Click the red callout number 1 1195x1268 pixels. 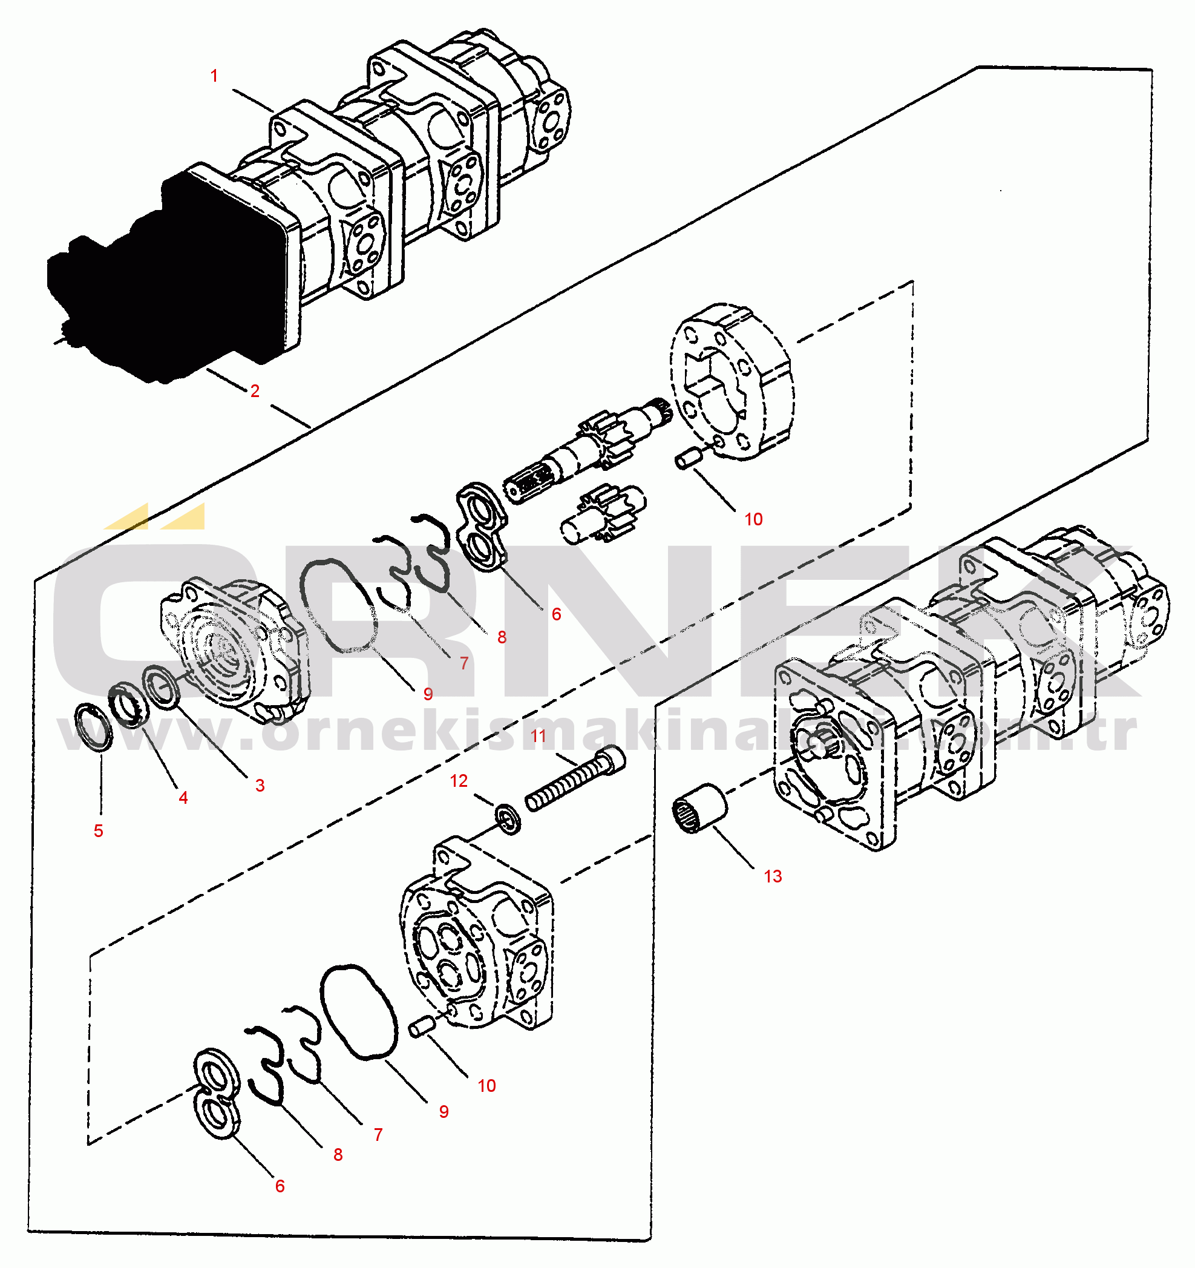[x=214, y=76]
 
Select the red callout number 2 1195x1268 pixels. [x=255, y=391]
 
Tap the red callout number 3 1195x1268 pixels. [x=260, y=786]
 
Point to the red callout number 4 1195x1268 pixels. [x=183, y=798]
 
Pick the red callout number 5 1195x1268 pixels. [x=98, y=831]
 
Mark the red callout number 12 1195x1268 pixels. [x=459, y=781]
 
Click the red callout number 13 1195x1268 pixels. [x=773, y=877]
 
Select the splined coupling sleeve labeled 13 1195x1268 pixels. [x=699, y=808]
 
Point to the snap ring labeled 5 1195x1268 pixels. [x=94, y=727]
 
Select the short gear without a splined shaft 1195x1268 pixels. [x=603, y=513]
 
